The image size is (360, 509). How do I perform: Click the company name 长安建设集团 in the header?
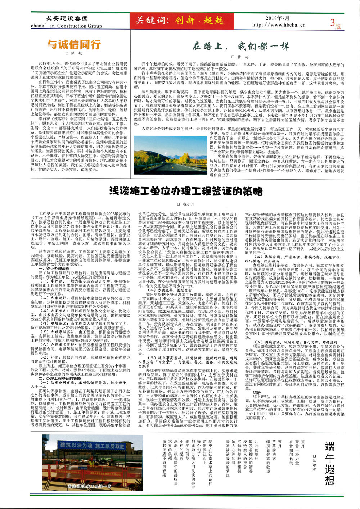[x=67, y=18]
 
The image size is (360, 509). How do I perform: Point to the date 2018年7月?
[x=277, y=18]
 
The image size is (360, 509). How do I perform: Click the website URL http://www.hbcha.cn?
[x=279, y=25]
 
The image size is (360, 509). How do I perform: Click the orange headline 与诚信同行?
[x=73, y=45]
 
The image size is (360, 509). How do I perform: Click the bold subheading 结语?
[x=257, y=393]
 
